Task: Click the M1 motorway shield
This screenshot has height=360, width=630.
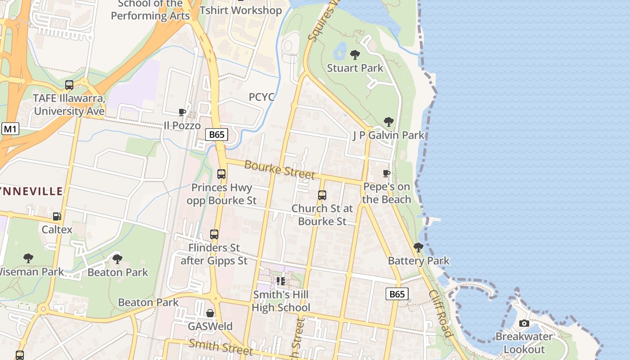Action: (x=10, y=130)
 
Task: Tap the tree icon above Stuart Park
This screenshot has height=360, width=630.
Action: (x=355, y=55)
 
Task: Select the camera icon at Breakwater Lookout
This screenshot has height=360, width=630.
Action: (x=524, y=323)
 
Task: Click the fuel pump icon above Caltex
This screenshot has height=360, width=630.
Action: (x=57, y=216)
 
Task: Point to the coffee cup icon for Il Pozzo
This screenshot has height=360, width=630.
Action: (x=182, y=112)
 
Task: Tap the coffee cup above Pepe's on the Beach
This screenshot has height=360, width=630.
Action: (x=386, y=173)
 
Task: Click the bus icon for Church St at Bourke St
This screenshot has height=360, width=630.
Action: (x=322, y=195)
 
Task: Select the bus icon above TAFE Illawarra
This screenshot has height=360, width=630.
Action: (x=69, y=85)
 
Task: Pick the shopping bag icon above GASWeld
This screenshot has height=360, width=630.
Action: (x=210, y=313)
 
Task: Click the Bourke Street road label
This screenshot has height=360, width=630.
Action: (x=279, y=169)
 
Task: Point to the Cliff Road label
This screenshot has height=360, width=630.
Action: (x=440, y=313)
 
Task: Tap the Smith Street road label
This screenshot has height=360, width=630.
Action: (x=220, y=346)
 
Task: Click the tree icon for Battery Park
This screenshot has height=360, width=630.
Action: (x=418, y=247)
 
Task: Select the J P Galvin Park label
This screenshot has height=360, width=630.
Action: (x=388, y=135)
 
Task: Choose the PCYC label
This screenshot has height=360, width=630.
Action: (x=261, y=97)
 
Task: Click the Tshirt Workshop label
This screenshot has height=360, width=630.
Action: (x=241, y=10)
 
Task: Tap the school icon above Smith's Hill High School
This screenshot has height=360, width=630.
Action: (x=281, y=281)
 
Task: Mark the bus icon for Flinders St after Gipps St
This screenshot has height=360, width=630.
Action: (x=214, y=234)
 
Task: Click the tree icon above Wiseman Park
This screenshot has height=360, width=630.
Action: (x=28, y=258)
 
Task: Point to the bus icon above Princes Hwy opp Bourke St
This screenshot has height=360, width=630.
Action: (x=221, y=174)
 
